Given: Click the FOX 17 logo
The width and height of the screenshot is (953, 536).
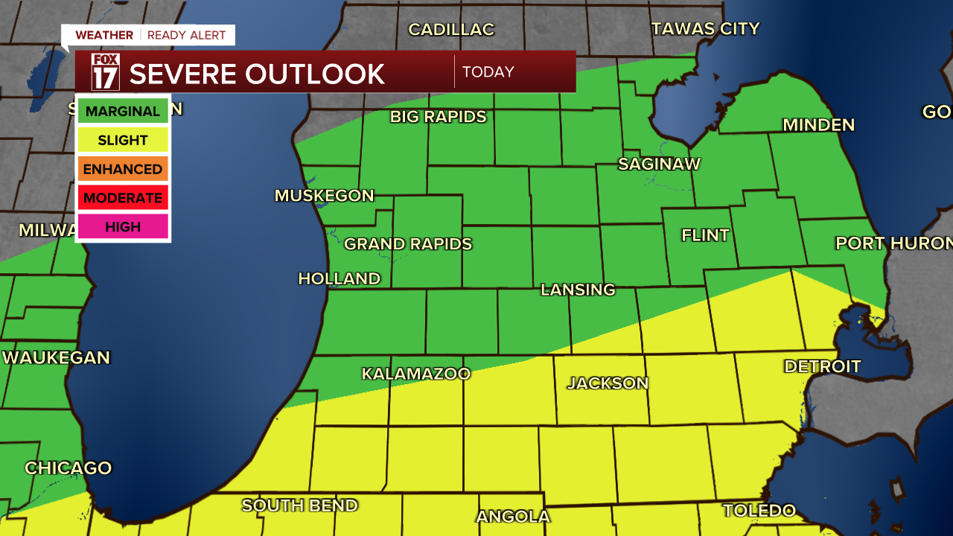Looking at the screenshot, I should pos(105,72).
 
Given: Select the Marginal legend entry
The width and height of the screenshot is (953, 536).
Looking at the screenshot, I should pos(123,112).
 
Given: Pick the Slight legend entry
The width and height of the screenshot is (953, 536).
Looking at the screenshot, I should pos(123,140).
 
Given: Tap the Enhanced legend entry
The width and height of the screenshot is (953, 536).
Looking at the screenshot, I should pos(123,169).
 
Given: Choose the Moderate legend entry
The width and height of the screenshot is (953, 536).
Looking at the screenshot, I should pos(123,198).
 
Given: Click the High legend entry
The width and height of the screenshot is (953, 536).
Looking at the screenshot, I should pos(123,227).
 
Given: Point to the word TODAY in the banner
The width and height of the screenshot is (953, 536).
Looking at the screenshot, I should pos(488,72).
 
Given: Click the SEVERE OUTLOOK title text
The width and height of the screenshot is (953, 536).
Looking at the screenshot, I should pos(257,74).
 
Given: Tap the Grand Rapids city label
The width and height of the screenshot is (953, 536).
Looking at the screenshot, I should pos(408,244).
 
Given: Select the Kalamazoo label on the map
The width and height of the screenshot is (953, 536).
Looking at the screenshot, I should pos(416,374).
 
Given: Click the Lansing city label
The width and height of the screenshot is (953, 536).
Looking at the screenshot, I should pos(578,290).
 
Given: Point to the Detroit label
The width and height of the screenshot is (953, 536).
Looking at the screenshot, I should pos(822,366).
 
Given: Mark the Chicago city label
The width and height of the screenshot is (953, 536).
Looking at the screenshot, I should pos(68,468).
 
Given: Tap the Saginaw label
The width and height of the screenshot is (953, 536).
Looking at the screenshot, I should pos(659,164).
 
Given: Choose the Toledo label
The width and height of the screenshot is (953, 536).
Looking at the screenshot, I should pos(759,511).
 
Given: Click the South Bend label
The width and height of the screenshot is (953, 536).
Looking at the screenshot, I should pos(299,505).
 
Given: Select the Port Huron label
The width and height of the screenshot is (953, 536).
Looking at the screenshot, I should pos(893,243).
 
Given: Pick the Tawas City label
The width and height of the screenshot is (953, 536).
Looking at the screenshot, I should pos(705,29).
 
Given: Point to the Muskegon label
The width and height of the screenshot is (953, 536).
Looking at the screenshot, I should pos(325,196).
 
